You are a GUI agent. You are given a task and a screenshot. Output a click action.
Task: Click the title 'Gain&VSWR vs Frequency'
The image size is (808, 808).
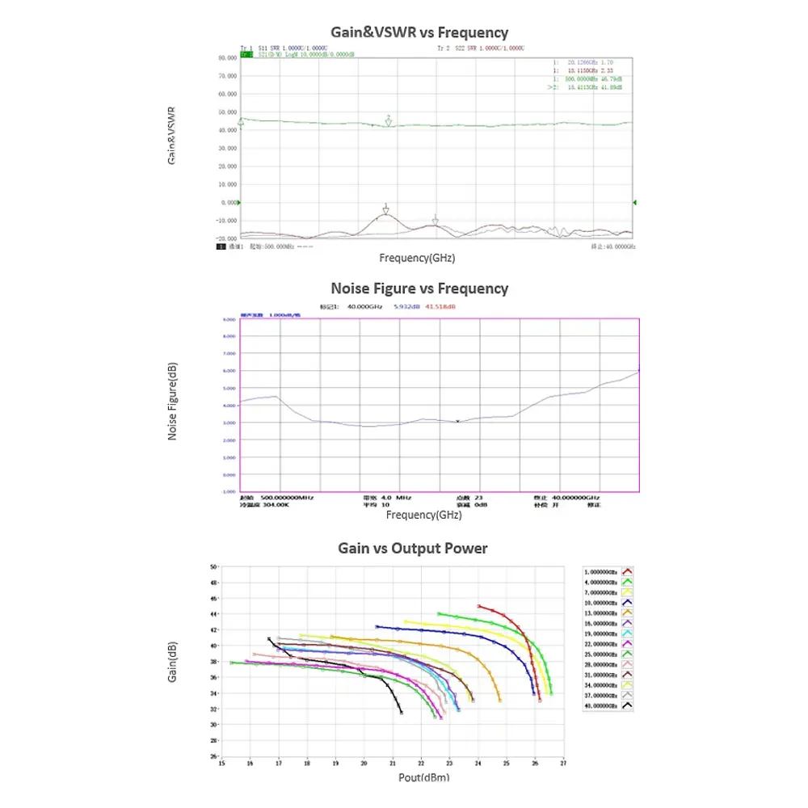pos(419,32)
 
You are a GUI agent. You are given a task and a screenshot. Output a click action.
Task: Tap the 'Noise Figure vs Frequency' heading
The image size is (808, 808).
pos(419,288)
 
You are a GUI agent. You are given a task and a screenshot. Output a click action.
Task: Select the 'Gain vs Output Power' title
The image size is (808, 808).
pos(412,549)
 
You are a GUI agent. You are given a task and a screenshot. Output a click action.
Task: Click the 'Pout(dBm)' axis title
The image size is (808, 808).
pos(423,777)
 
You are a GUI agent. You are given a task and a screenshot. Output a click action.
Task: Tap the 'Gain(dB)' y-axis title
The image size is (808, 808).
pos(173,663)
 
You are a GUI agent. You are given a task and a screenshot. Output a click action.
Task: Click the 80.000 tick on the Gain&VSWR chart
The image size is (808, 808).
pos(227,58)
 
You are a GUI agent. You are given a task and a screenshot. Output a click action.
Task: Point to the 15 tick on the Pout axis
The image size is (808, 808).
pos(222,762)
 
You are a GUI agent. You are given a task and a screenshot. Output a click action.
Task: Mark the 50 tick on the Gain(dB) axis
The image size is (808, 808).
pos(214,567)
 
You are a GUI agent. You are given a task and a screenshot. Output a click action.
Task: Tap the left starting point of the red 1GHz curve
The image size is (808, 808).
pos(479,606)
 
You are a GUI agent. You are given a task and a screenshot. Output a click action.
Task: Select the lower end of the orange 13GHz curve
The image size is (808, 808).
pos(500,701)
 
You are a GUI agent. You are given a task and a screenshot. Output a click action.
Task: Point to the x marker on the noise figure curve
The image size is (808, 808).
pos(457,422)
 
